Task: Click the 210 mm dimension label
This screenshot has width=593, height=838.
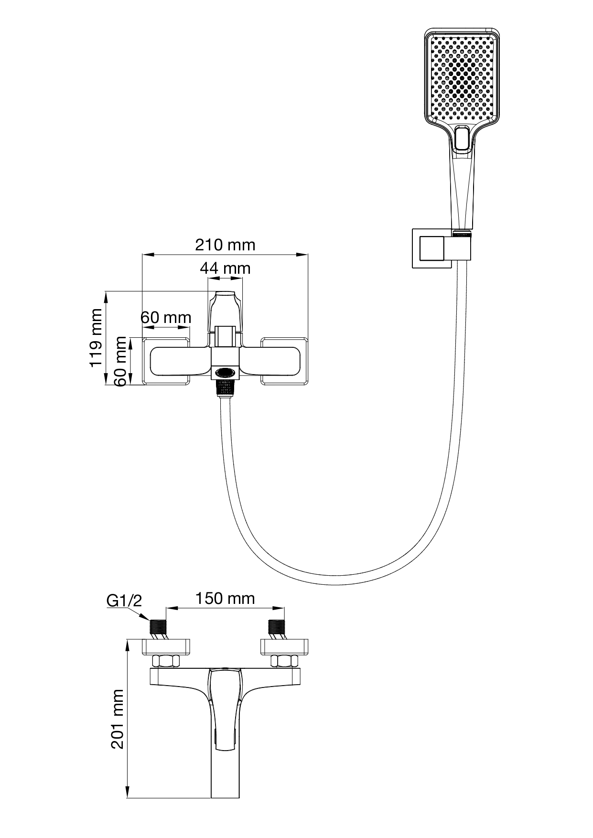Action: (x=225, y=245)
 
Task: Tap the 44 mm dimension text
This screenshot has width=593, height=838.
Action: (x=225, y=269)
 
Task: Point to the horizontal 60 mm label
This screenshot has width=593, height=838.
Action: (x=166, y=317)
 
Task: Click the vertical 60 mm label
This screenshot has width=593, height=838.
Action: (x=121, y=361)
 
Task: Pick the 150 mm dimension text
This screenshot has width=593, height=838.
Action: (x=225, y=598)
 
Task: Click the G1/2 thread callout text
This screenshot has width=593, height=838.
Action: (x=124, y=601)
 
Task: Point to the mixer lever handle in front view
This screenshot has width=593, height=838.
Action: (x=225, y=311)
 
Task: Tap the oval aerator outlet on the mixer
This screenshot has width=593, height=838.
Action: (x=225, y=371)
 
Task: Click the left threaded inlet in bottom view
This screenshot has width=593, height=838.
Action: (x=158, y=627)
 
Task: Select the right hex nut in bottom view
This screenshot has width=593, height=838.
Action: (x=284, y=661)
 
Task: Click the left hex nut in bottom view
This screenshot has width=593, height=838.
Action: (x=166, y=661)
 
